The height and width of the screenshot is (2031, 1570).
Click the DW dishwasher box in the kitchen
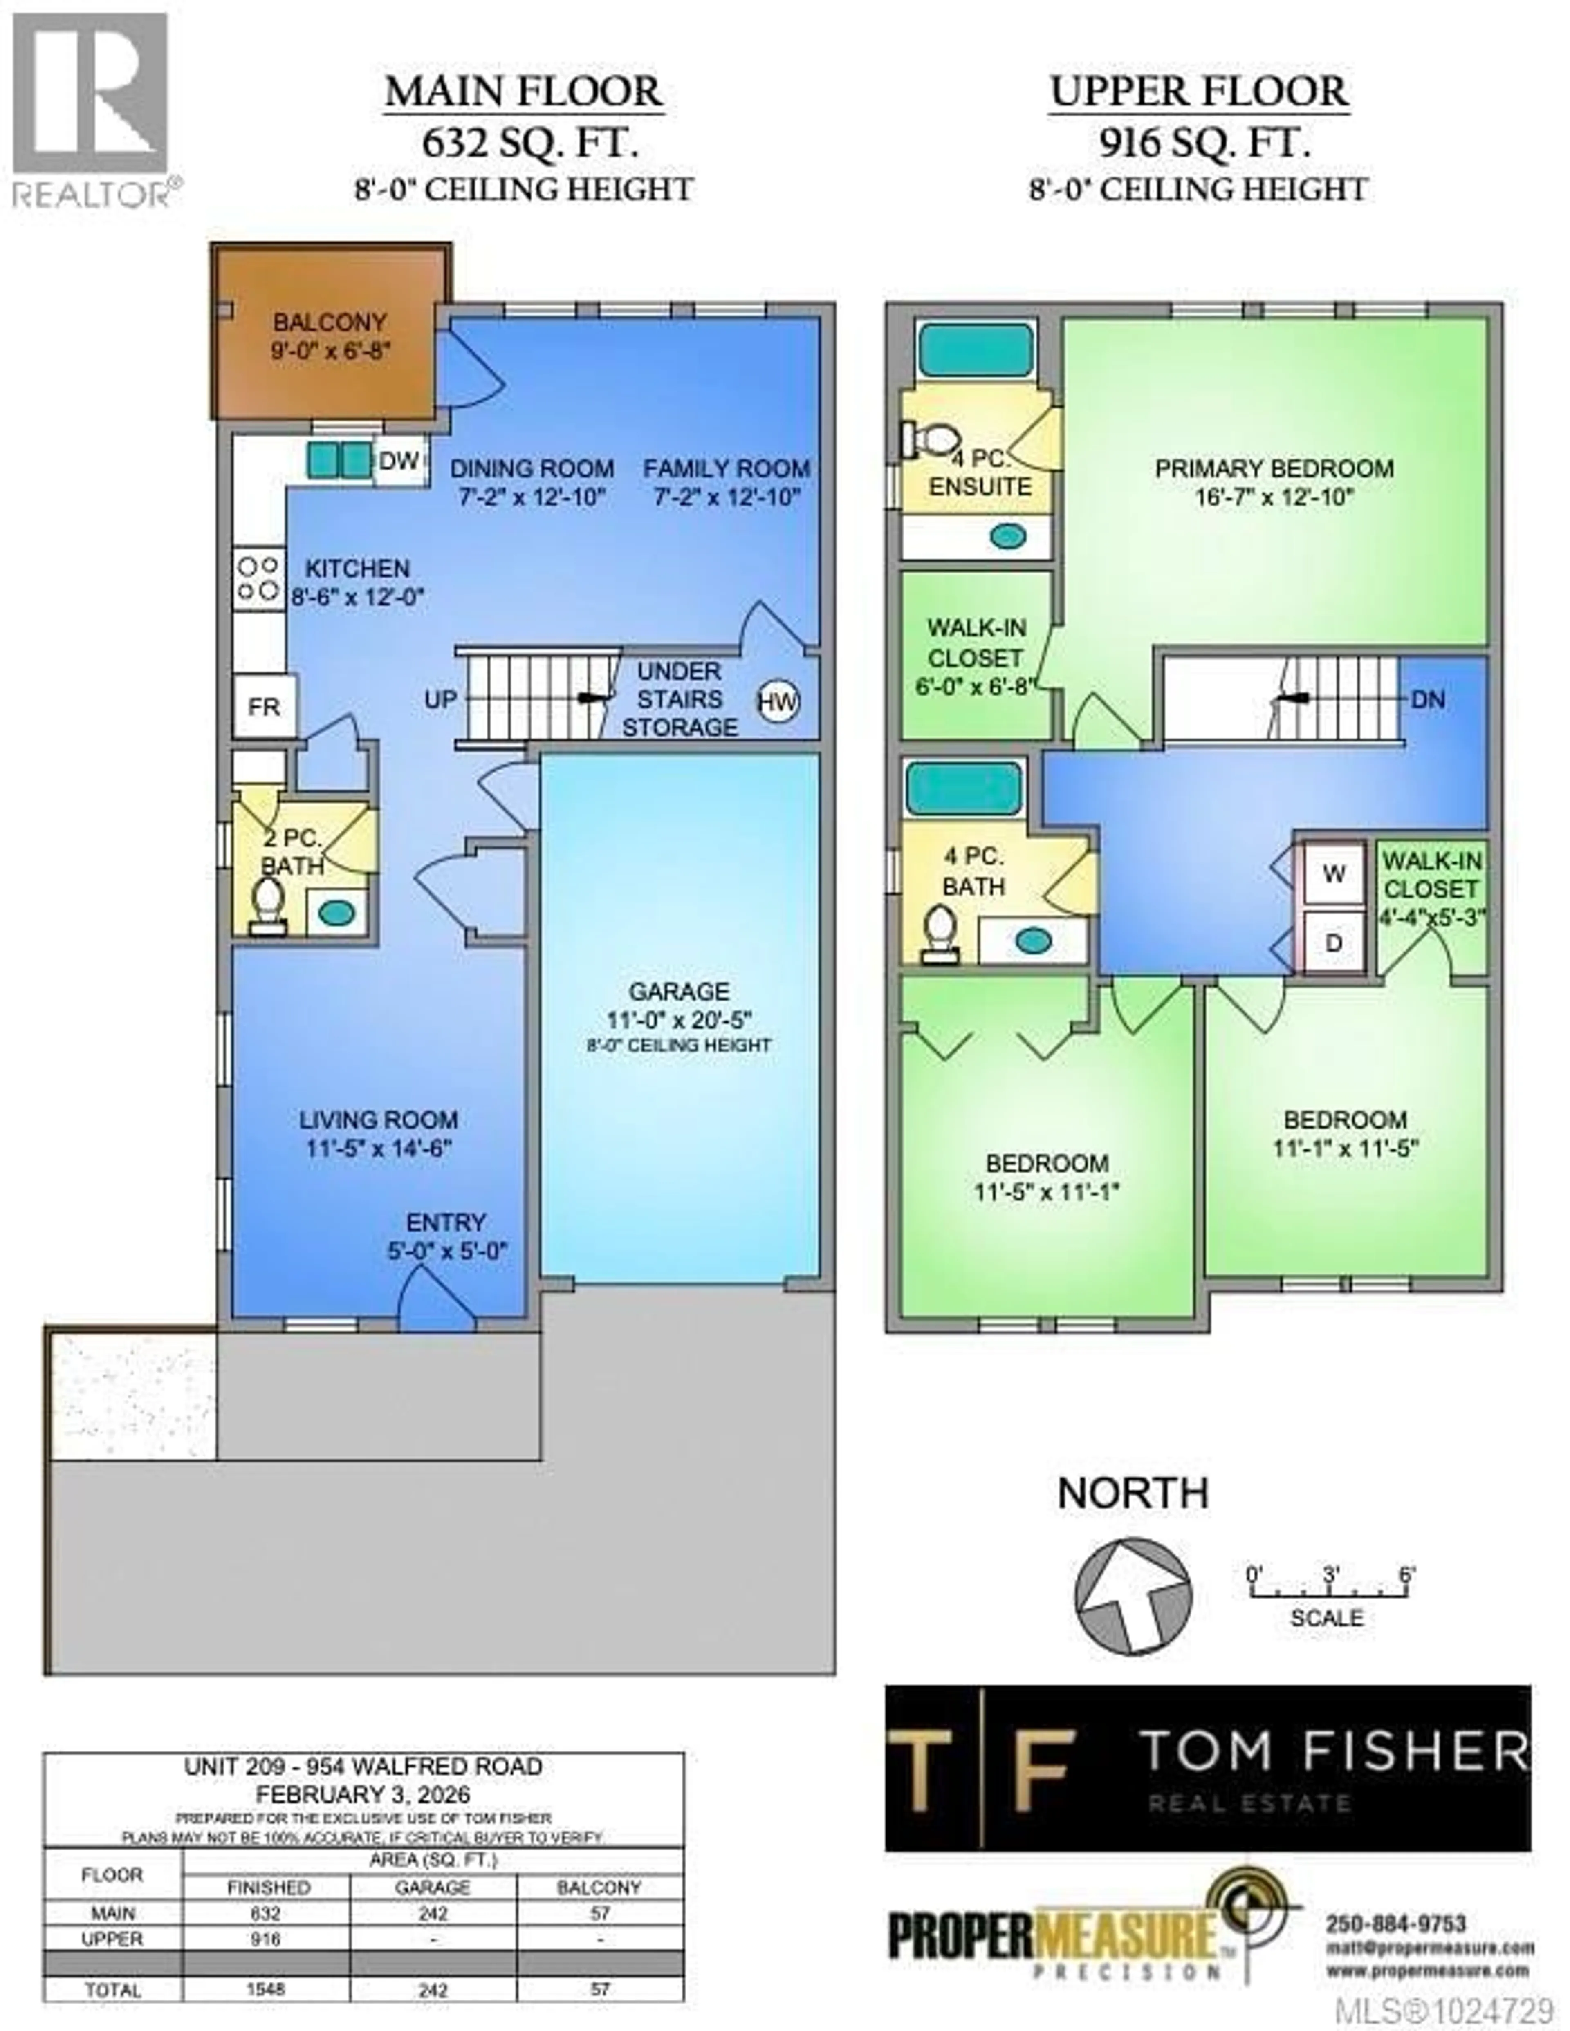tap(400, 460)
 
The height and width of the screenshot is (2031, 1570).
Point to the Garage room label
tap(679, 991)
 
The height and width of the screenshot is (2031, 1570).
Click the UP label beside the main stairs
tap(440, 699)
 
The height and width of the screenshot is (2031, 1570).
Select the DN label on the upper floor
tap(1428, 699)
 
